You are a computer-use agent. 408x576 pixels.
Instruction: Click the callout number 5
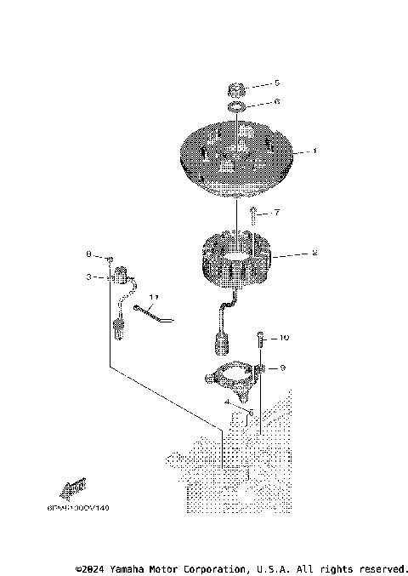[276, 83]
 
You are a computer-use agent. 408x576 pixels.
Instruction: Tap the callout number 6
[276, 102]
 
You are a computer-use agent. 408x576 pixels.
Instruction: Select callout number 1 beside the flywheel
[314, 151]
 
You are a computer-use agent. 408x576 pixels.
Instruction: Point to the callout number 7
[276, 212]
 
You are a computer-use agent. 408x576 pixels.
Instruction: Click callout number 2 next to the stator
[314, 254]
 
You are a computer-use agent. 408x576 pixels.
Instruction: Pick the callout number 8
[88, 255]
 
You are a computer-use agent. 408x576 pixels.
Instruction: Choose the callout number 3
[88, 277]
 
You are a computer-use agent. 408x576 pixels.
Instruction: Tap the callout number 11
[154, 297]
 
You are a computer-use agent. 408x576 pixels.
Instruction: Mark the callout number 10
[284, 339]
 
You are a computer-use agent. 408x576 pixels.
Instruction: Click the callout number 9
[282, 368]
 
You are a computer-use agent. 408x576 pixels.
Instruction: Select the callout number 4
[227, 400]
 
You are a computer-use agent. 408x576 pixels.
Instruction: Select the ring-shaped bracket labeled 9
[231, 375]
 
